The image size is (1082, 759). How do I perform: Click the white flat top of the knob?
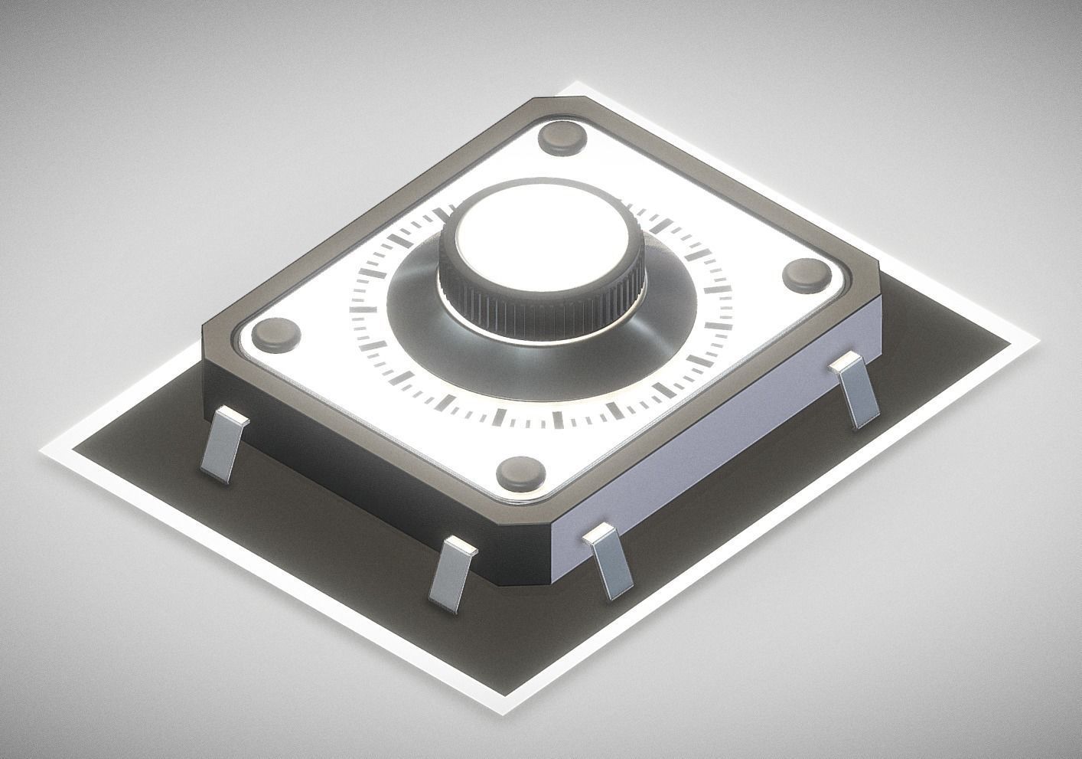(x=542, y=243)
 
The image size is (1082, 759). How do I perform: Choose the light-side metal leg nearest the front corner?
(x=609, y=562)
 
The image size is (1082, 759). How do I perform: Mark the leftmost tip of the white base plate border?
(x=42, y=452)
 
